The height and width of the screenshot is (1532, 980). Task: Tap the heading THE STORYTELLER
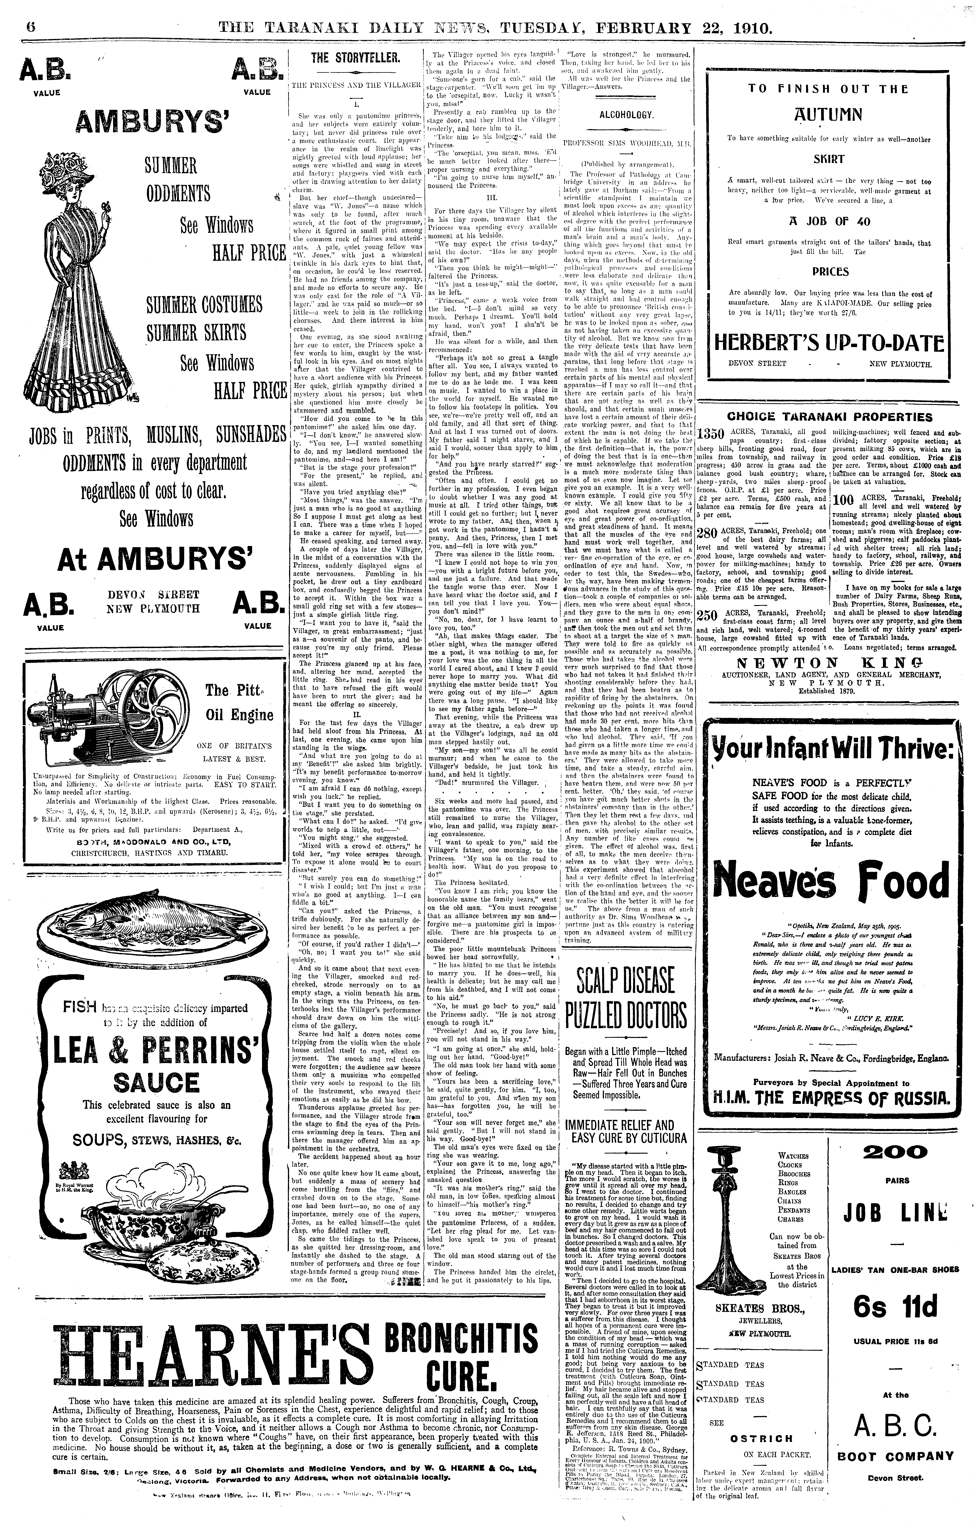click(x=355, y=59)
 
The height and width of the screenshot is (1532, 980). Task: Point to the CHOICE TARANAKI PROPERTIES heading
click(x=829, y=418)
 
